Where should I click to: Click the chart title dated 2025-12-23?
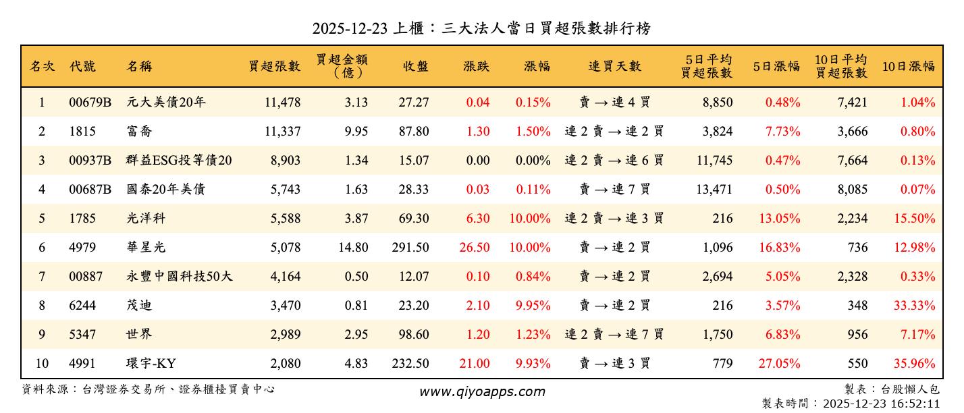coord(481,29)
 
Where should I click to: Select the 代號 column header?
coord(82,66)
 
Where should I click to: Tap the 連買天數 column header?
coord(614,66)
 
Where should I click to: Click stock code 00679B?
coord(90,103)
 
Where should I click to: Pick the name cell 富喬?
coord(140,132)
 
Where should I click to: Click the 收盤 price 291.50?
coord(410,248)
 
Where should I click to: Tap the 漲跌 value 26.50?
coord(475,248)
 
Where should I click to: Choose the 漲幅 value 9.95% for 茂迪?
coord(533,306)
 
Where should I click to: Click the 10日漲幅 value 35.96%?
coord(917,364)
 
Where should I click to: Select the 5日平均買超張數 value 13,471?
coord(714,190)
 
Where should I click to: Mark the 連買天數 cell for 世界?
coord(614,335)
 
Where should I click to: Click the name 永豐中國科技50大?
coord(180,277)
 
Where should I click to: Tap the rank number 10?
coord(42,364)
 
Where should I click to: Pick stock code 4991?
coord(82,364)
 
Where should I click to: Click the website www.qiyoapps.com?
coord(481,391)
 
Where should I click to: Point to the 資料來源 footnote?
coord(149,389)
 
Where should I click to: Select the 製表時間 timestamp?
coord(851,404)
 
